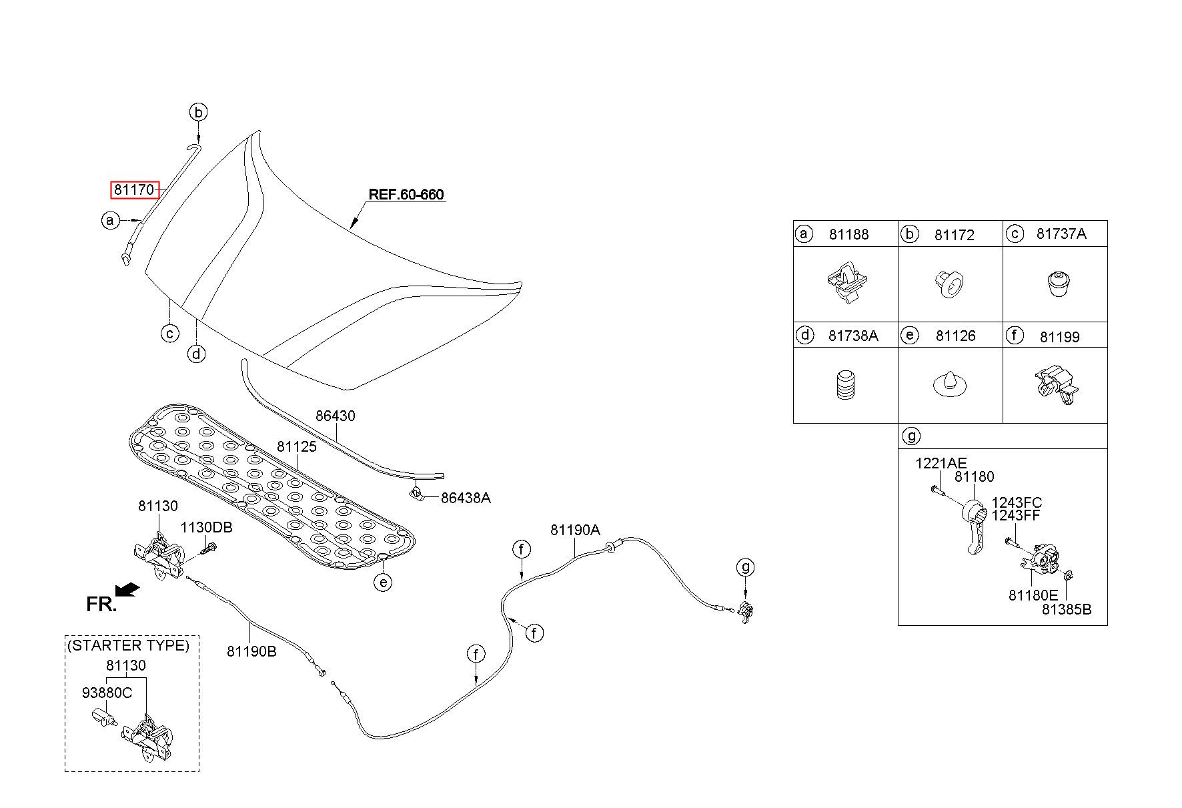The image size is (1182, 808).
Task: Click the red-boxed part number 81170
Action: click(135, 190)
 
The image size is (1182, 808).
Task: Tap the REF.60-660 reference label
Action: click(406, 195)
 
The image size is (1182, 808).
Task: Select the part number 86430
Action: click(336, 416)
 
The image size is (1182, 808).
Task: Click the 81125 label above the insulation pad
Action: click(297, 446)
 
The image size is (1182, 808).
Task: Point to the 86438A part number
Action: click(466, 498)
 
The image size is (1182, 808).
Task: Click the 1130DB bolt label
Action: click(207, 527)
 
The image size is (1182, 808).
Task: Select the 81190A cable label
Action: click(575, 530)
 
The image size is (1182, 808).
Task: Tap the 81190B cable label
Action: click(251, 651)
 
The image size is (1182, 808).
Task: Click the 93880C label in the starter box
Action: click(107, 693)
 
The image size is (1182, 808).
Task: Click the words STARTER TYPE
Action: click(127, 645)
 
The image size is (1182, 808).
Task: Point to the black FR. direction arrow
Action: click(127, 590)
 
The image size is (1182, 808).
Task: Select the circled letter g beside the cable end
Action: click(745, 568)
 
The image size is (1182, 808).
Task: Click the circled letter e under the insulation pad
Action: click(383, 582)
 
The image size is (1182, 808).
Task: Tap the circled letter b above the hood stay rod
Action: click(198, 112)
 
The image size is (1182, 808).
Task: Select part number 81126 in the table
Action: click(955, 336)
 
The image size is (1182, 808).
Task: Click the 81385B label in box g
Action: click(1067, 609)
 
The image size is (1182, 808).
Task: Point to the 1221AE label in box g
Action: click(941, 463)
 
